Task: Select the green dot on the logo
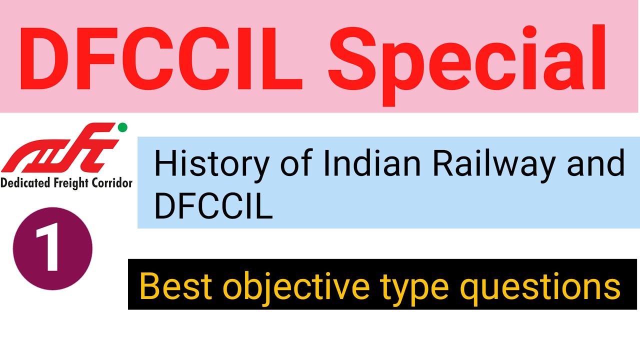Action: pos(122,127)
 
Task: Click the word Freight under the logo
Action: pos(70,183)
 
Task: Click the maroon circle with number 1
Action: pos(52,249)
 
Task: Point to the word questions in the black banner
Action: pos(539,287)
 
